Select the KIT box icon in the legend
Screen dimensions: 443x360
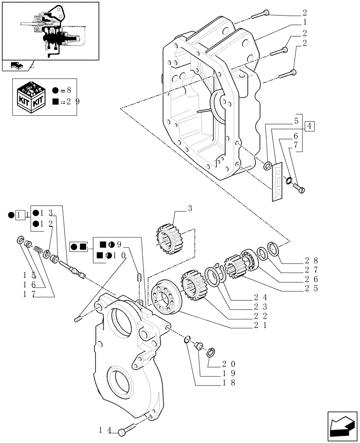click(31, 95)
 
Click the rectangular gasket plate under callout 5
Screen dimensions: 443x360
click(278, 182)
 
